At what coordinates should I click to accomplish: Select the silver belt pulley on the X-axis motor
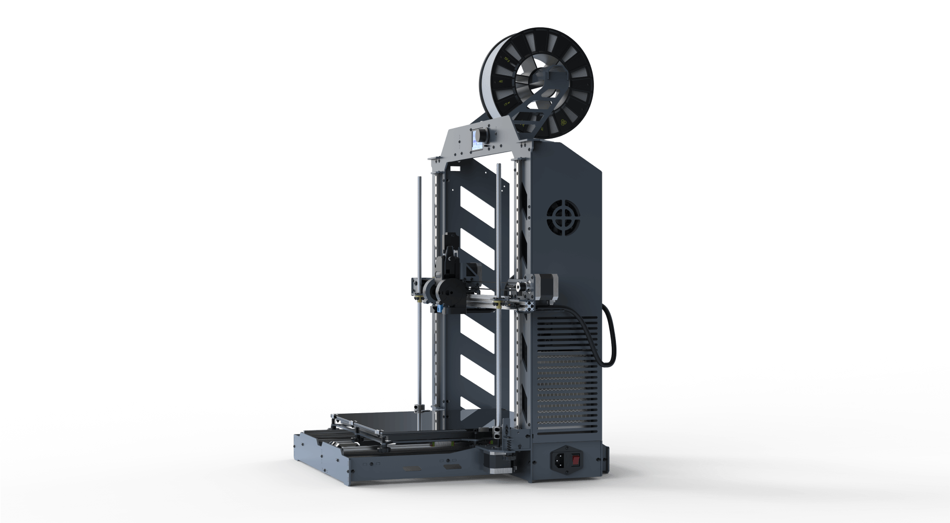click(x=518, y=286)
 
